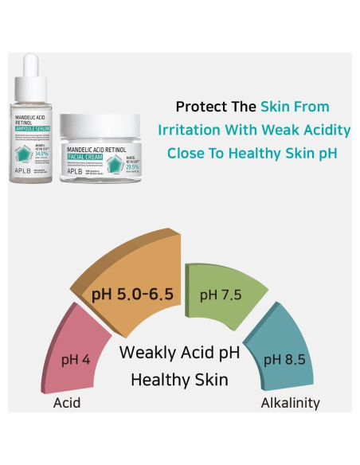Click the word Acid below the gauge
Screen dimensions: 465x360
tap(67, 403)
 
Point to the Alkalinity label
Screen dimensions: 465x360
tap(290, 403)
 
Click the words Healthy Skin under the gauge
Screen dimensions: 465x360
tap(179, 380)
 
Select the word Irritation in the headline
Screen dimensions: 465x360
tap(190, 130)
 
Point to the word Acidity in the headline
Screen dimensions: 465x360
tap(324, 130)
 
